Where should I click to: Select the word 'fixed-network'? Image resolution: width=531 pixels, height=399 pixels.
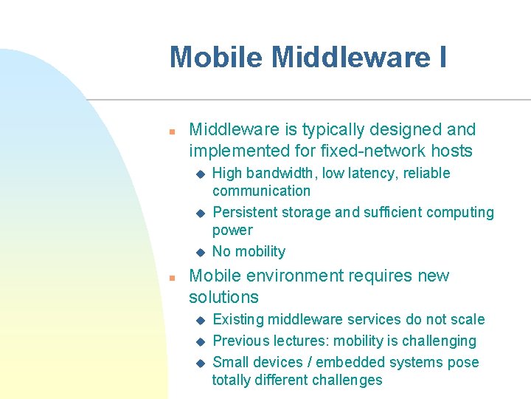tap(365, 151)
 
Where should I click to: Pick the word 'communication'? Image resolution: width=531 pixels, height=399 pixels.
tap(261, 191)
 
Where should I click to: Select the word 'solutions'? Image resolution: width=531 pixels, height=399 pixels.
tap(223, 298)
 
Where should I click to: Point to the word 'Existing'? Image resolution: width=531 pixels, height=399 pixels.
tap(238, 320)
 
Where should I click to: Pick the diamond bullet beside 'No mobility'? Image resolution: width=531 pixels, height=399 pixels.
tap(198, 252)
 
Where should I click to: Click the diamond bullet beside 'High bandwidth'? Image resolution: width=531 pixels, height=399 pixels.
tap(198, 174)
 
